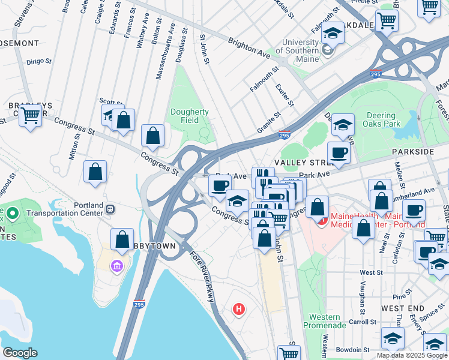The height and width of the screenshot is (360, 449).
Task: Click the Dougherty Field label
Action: point(189,116)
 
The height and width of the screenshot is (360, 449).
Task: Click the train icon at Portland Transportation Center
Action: point(110,209)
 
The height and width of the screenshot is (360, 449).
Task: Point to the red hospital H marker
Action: point(239,310)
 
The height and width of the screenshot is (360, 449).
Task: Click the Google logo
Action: point(20,353)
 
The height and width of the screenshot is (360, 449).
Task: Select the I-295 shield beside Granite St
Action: point(285,136)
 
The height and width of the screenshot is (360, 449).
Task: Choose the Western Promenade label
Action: point(328,321)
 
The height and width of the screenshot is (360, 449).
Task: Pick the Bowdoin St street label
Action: point(352,349)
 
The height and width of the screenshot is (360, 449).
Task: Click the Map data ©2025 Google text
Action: point(412,355)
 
